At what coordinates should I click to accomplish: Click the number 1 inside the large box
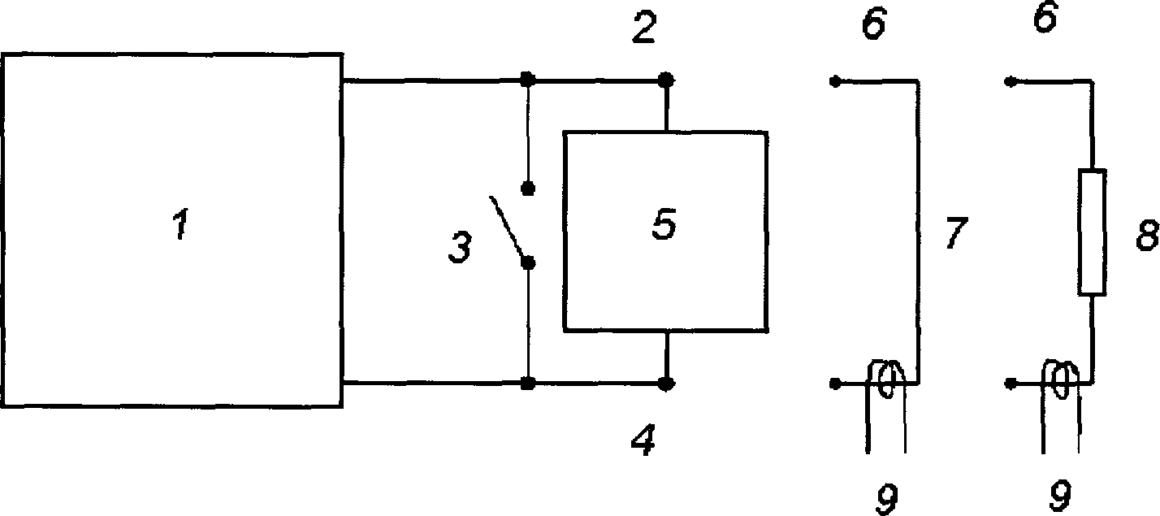coord(180,224)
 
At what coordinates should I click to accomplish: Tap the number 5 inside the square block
coord(664,223)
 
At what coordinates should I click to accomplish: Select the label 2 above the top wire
coord(644,27)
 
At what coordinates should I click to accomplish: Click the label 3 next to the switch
coord(460,247)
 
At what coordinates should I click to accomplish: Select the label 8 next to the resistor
coord(1147,235)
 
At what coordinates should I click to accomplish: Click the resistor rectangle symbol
coord(1092,232)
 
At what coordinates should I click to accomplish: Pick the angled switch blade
coord(509,228)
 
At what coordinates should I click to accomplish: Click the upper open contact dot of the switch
coord(528,189)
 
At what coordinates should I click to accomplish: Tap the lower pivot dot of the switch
coord(528,264)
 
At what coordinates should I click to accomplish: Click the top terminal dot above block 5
coord(666,80)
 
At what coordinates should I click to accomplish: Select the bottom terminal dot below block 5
coord(666,384)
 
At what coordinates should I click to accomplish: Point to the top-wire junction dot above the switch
coord(527,80)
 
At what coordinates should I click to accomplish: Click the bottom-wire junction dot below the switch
coord(527,384)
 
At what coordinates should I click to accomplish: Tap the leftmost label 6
coord(874,24)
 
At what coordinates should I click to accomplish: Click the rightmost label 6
coord(1045,17)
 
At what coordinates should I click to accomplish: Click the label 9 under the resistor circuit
coord(1059,496)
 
